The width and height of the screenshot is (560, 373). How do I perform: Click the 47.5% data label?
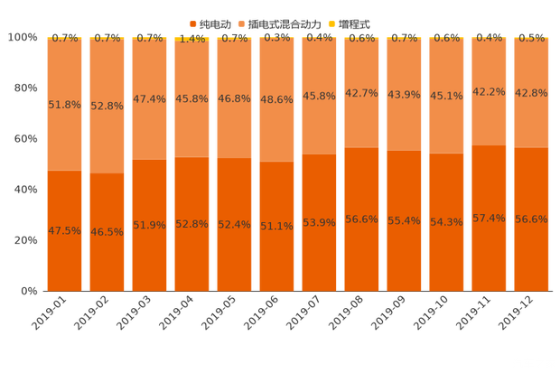tap(64, 230)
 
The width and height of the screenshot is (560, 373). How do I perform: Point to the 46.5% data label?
tap(107, 232)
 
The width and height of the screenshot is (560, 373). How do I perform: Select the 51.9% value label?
tap(149, 225)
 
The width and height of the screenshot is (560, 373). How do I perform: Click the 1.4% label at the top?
tap(191, 38)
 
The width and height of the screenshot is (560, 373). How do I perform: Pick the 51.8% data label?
tap(64, 105)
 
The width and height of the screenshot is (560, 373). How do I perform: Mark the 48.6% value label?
tap(276, 100)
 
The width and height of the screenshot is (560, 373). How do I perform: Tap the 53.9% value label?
tap(319, 222)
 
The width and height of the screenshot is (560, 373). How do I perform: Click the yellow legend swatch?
tap(331, 23)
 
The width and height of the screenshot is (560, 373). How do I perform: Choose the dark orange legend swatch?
tap(192, 23)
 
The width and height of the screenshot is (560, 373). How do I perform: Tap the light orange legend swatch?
tap(239, 23)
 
